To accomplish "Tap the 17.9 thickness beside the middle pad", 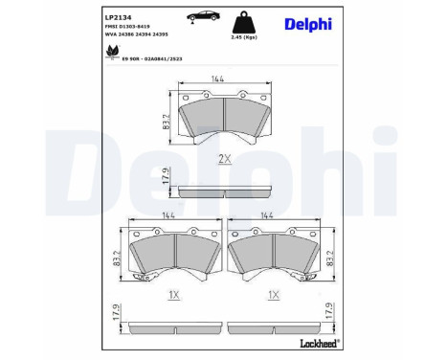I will point(164,177).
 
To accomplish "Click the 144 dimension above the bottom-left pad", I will point(170,217).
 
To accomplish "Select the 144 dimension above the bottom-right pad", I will point(277,217).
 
